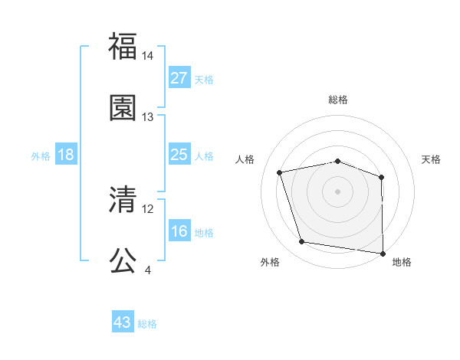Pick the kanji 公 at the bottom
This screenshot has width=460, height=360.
123,260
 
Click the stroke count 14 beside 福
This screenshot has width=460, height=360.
148,56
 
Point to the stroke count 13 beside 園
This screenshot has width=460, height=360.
148,117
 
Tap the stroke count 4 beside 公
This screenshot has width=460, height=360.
147,270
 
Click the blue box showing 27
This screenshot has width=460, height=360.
179,78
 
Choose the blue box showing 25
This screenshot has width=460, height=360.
179,155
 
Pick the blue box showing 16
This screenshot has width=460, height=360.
179,231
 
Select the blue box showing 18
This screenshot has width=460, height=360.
66,155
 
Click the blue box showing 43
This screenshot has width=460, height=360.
123,322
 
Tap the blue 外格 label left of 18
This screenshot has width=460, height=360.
41,156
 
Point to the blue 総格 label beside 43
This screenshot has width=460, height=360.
148,324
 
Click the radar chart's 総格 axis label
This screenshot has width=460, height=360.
338,100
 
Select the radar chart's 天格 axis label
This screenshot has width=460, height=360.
432,159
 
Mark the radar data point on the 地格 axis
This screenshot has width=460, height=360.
383,253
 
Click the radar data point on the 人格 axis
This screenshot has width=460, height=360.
280,172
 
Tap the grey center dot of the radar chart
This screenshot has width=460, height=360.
338,191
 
